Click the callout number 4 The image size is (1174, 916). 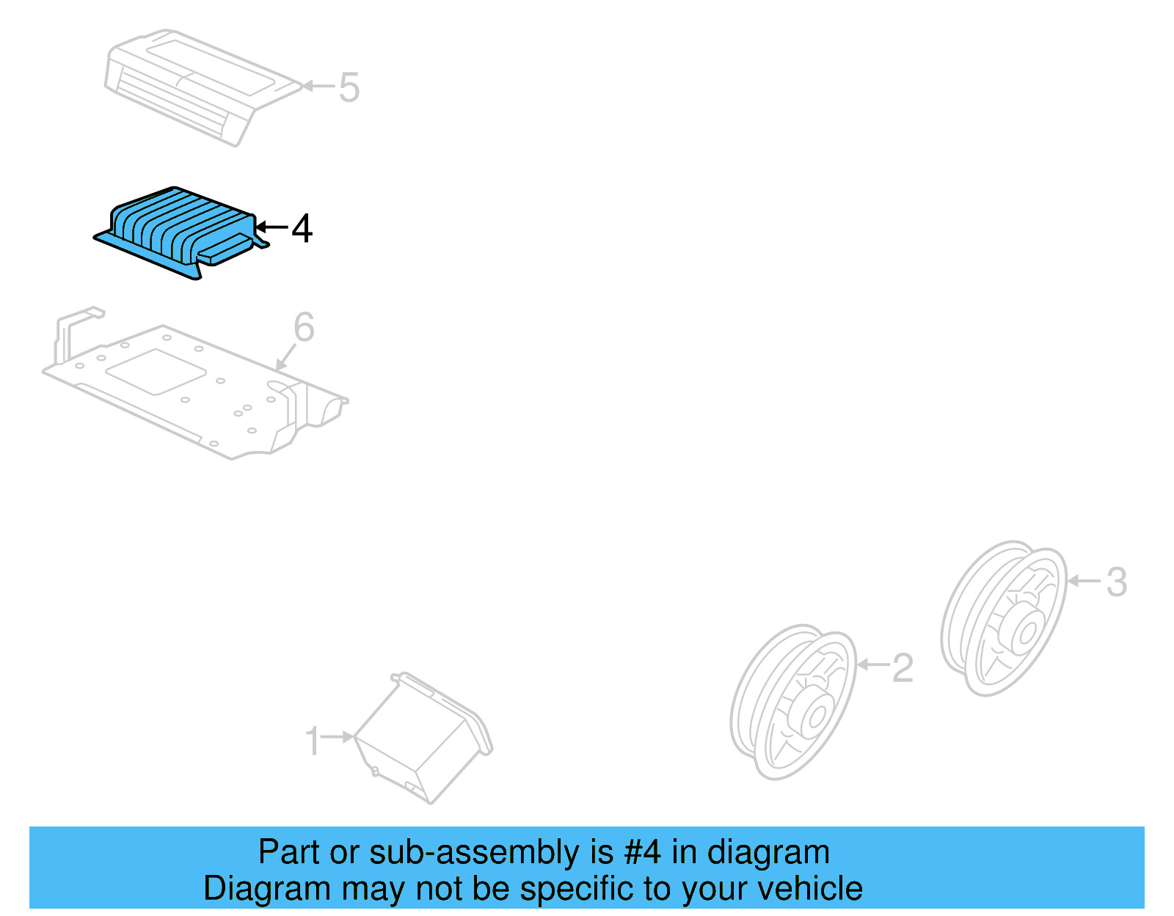coord(302,228)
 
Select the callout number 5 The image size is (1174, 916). coord(349,87)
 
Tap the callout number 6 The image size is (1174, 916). coord(304,327)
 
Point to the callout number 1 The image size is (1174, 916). coord(313,741)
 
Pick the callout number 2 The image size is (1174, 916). coord(903,668)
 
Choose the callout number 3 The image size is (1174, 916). coord(1116,582)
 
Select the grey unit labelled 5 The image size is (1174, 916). coord(198,84)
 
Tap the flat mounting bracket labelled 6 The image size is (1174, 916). coord(191,389)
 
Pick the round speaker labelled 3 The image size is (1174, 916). coord(1004,618)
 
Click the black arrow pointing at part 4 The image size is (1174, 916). coord(271,227)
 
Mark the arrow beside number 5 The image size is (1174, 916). coord(319,86)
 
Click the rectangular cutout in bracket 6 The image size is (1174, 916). coord(156,372)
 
